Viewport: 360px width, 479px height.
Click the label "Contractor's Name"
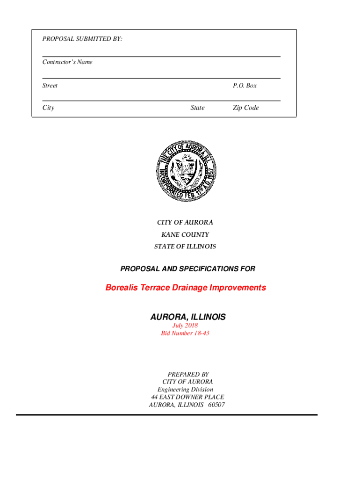coord(67,62)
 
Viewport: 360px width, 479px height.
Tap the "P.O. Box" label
coord(245,86)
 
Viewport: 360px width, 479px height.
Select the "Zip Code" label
coord(245,108)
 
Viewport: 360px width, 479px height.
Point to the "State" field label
coord(197,108)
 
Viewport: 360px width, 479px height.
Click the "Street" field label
coord(50,86)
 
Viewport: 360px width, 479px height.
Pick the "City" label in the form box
coord(48,108)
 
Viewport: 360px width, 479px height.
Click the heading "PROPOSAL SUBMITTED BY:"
coord(82,39)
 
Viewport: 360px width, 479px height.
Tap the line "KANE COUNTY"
coord(185,234)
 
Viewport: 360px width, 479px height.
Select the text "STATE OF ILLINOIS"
coord(185,246)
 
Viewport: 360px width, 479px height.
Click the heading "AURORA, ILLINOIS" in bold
coord(187,317)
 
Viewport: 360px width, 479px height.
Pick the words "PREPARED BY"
coord(188,374)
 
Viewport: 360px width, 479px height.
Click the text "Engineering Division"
coord(185,389)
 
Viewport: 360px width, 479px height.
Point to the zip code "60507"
coord(216,405)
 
